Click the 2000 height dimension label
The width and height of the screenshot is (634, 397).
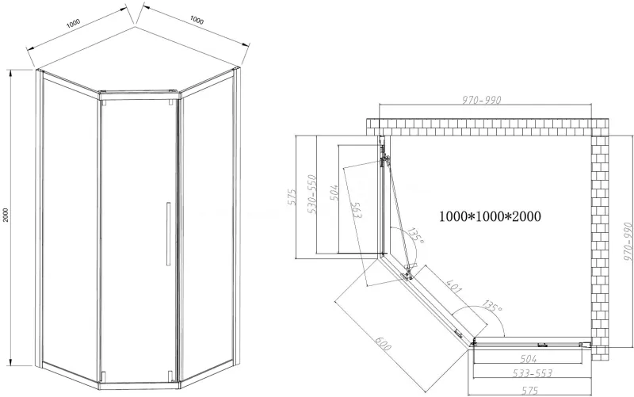(x=6, y=215)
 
